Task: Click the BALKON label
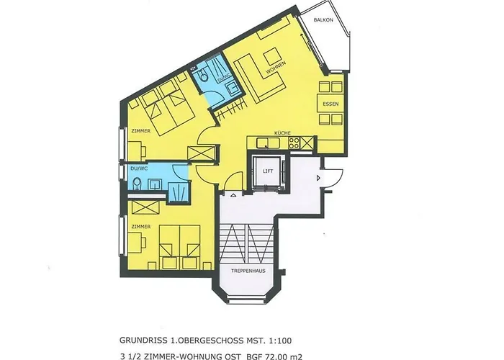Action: (x=323, y=20)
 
